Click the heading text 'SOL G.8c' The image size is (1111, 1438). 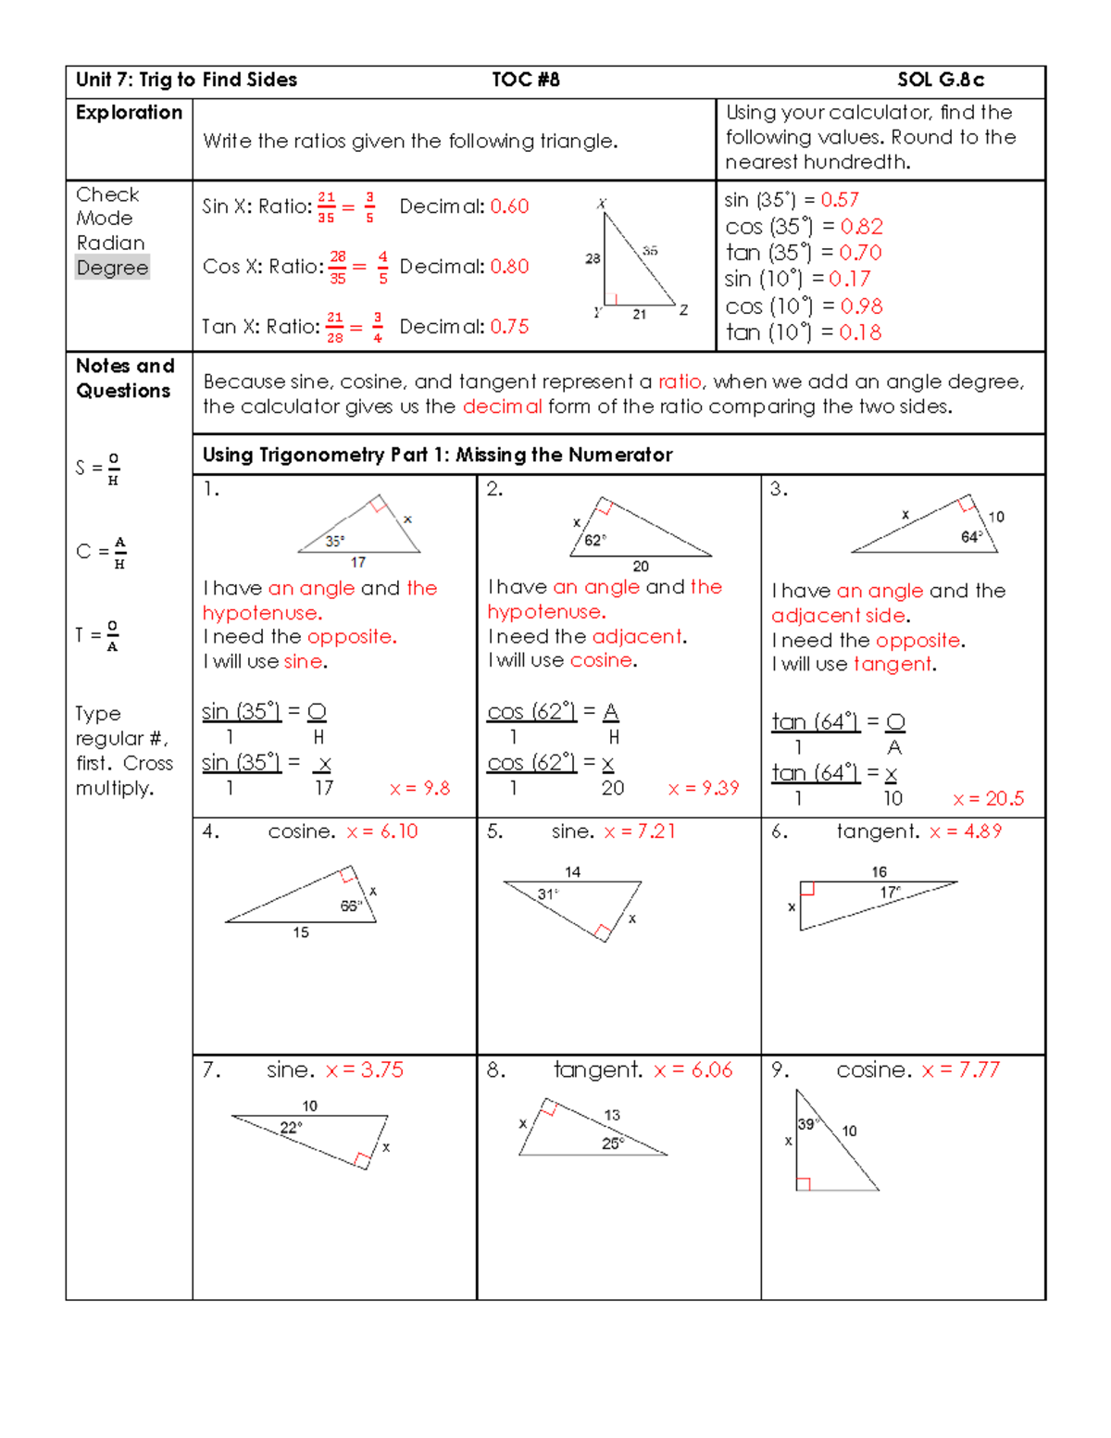[940, 80]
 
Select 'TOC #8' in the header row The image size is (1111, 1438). [525, 80]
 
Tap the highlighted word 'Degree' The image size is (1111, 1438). [112, 268]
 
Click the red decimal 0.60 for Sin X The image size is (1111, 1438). [509, 206]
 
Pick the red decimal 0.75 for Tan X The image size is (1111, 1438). [509, 327]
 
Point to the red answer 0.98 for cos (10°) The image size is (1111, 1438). [861, 306]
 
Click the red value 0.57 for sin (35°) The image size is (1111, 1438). [840, 200]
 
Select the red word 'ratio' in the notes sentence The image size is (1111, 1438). [680, 381]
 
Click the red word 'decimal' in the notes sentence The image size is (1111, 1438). [502, 406]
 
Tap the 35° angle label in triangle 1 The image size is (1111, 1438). [334, 542]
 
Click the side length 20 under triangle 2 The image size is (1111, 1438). [641, 567]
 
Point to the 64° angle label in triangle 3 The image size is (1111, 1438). [971, 537]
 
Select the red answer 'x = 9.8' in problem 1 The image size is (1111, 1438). [419, 788]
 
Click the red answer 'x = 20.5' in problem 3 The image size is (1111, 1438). [988, 799]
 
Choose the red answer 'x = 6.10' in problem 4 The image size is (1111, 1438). [381, 832]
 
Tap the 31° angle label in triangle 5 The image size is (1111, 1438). [547, 894]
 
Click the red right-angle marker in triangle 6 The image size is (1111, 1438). [807, 889]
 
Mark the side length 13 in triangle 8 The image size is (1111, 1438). [612, 1115]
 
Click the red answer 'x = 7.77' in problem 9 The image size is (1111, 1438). [960, 1070]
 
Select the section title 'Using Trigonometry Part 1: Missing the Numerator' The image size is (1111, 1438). [437, 455]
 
